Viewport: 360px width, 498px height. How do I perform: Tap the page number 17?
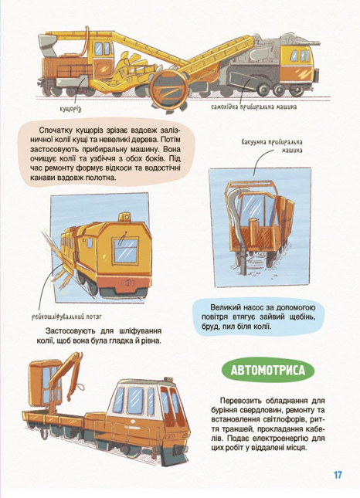[x=338, y=474]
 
